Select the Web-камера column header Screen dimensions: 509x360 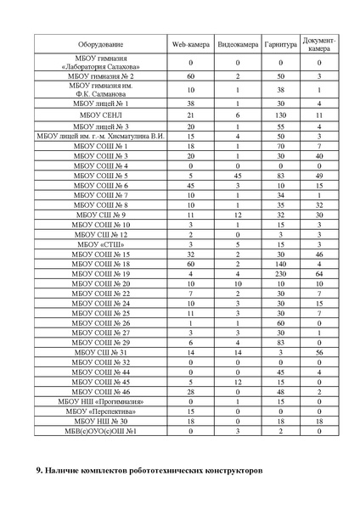coord(191,42)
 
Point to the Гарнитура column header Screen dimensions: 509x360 coord(280,42)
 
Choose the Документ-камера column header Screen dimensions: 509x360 coord(319,42)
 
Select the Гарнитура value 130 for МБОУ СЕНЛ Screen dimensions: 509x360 coord(280,113)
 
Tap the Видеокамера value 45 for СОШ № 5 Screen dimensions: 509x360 coord(238,176)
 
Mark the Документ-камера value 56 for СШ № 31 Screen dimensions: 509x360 coord(319,352)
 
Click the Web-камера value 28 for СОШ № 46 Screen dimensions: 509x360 coord(191,392)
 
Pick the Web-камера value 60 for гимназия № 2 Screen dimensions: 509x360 coord(191,76)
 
